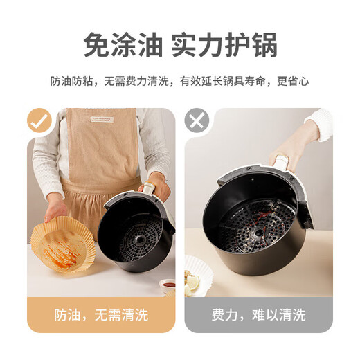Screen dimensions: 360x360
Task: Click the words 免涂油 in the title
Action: click(123, 45)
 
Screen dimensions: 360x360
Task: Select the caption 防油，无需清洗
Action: click(101, 315)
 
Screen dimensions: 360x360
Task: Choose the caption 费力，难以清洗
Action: click(258, 315)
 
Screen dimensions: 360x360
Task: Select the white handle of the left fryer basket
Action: click(147, 188)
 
